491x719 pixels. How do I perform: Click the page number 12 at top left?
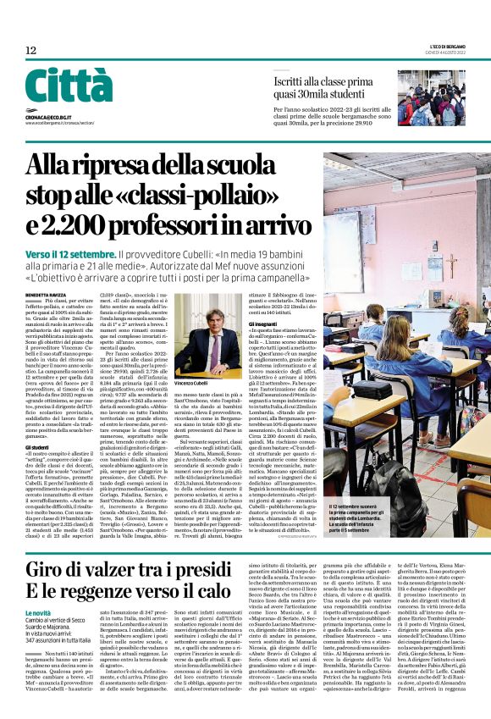tap(30, 51)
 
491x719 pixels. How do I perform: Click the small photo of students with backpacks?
tap(432, 99)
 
